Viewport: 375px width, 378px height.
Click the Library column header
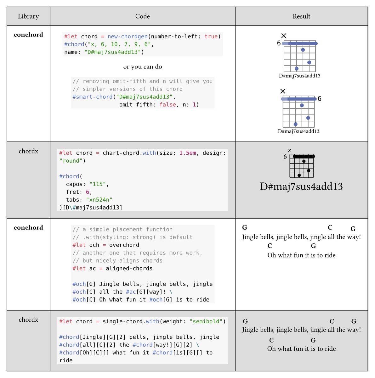[28, 16]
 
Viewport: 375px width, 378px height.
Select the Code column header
[142, 16]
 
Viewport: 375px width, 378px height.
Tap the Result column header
[301, 16]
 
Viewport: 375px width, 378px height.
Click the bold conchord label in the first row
[28, 35]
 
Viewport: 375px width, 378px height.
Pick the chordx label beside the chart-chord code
[28, 151]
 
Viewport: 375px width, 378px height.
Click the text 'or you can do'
[143, 67]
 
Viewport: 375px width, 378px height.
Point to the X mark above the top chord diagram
[284, 36]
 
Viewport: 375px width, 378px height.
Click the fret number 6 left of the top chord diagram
[279, 43]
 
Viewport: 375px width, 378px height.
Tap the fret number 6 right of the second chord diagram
[320, 99]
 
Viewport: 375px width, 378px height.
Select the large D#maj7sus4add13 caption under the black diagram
[301, 186]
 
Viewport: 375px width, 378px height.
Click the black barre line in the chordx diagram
[304, 156]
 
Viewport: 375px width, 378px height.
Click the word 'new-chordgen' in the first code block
[128, 36]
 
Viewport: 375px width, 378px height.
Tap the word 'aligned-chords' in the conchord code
[129, 269]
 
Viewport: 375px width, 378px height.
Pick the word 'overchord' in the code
[124, 245]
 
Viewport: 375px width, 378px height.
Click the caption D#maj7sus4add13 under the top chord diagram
[300, 76]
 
